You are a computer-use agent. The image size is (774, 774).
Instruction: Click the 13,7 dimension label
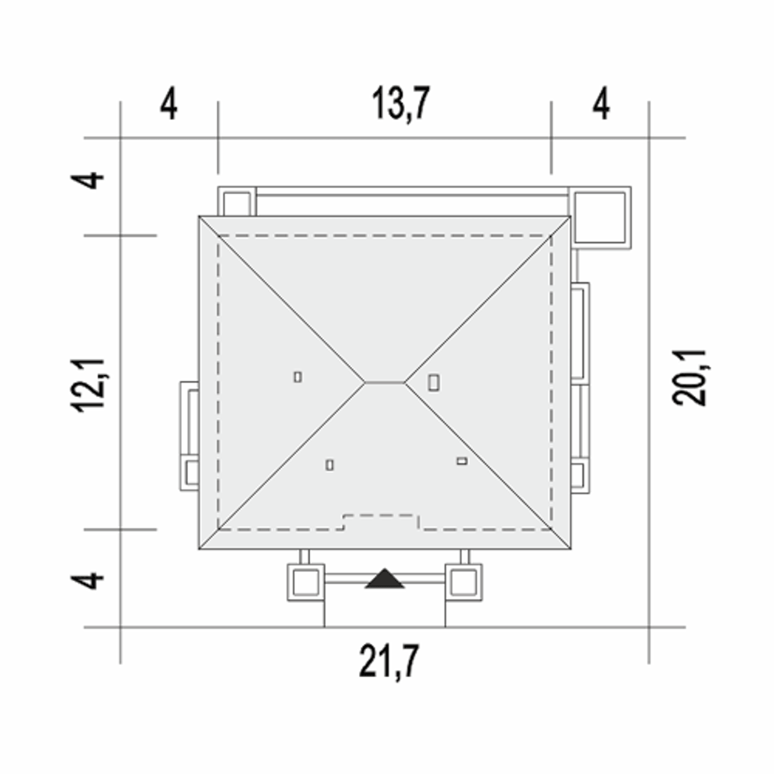pyautogui.click(x=401, y=104)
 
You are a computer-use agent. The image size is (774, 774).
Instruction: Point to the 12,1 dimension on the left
pyautogui.click(x=88, y=385)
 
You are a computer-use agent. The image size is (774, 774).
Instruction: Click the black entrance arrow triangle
pyautogui.click(x=385, y=579)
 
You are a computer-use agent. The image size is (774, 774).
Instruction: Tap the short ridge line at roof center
pyautogui.click(x=385, y=383)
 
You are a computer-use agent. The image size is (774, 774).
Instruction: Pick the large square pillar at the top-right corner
pyautogui.click(x=600, y=217)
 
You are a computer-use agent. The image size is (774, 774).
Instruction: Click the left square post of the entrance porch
pyautogui.click(x=305, y=582)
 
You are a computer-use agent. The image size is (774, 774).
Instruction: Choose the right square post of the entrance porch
pyautogui.click(x=464, y=582)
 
